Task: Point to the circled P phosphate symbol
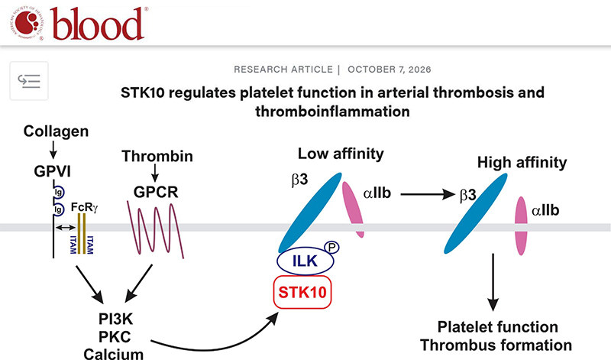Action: [x=331, y=247]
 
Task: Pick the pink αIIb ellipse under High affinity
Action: [x=523, y=226]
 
